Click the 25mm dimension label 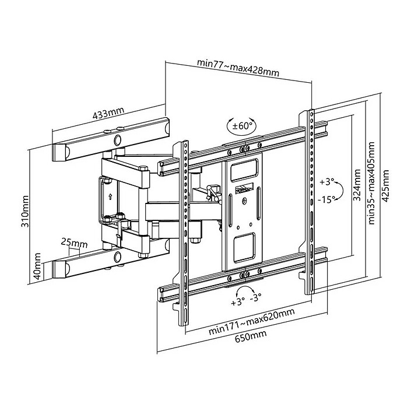pos(73,242)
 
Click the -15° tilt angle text pos(326,199)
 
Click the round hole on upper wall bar pos(119,140)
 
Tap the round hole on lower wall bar pos(119,257)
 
